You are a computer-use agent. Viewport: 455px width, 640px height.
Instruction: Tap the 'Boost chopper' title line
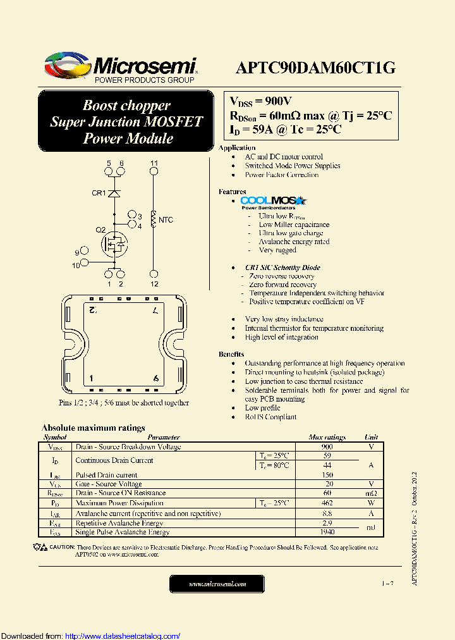126,106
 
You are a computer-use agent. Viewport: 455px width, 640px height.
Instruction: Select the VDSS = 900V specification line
260,101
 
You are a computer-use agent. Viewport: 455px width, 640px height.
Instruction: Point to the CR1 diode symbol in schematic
114,193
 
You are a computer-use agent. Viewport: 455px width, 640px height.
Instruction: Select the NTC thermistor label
166,220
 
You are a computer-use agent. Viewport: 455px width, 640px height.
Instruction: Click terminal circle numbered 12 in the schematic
154,274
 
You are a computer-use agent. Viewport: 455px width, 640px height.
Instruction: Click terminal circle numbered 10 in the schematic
85,265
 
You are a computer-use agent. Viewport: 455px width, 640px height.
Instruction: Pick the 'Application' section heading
237,148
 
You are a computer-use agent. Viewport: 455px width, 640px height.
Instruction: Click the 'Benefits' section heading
231,354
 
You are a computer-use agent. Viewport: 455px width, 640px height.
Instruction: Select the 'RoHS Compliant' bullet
270,417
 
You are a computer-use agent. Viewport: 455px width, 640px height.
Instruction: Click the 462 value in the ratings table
327,503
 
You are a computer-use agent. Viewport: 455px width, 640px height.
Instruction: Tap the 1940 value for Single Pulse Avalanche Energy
327,532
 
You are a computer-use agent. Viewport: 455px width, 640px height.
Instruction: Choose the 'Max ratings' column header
327,437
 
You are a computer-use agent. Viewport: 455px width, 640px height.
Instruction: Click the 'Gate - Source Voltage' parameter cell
109,484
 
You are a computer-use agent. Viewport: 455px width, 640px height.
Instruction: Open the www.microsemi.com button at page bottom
218,584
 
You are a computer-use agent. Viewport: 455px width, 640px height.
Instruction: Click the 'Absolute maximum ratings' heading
93,428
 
